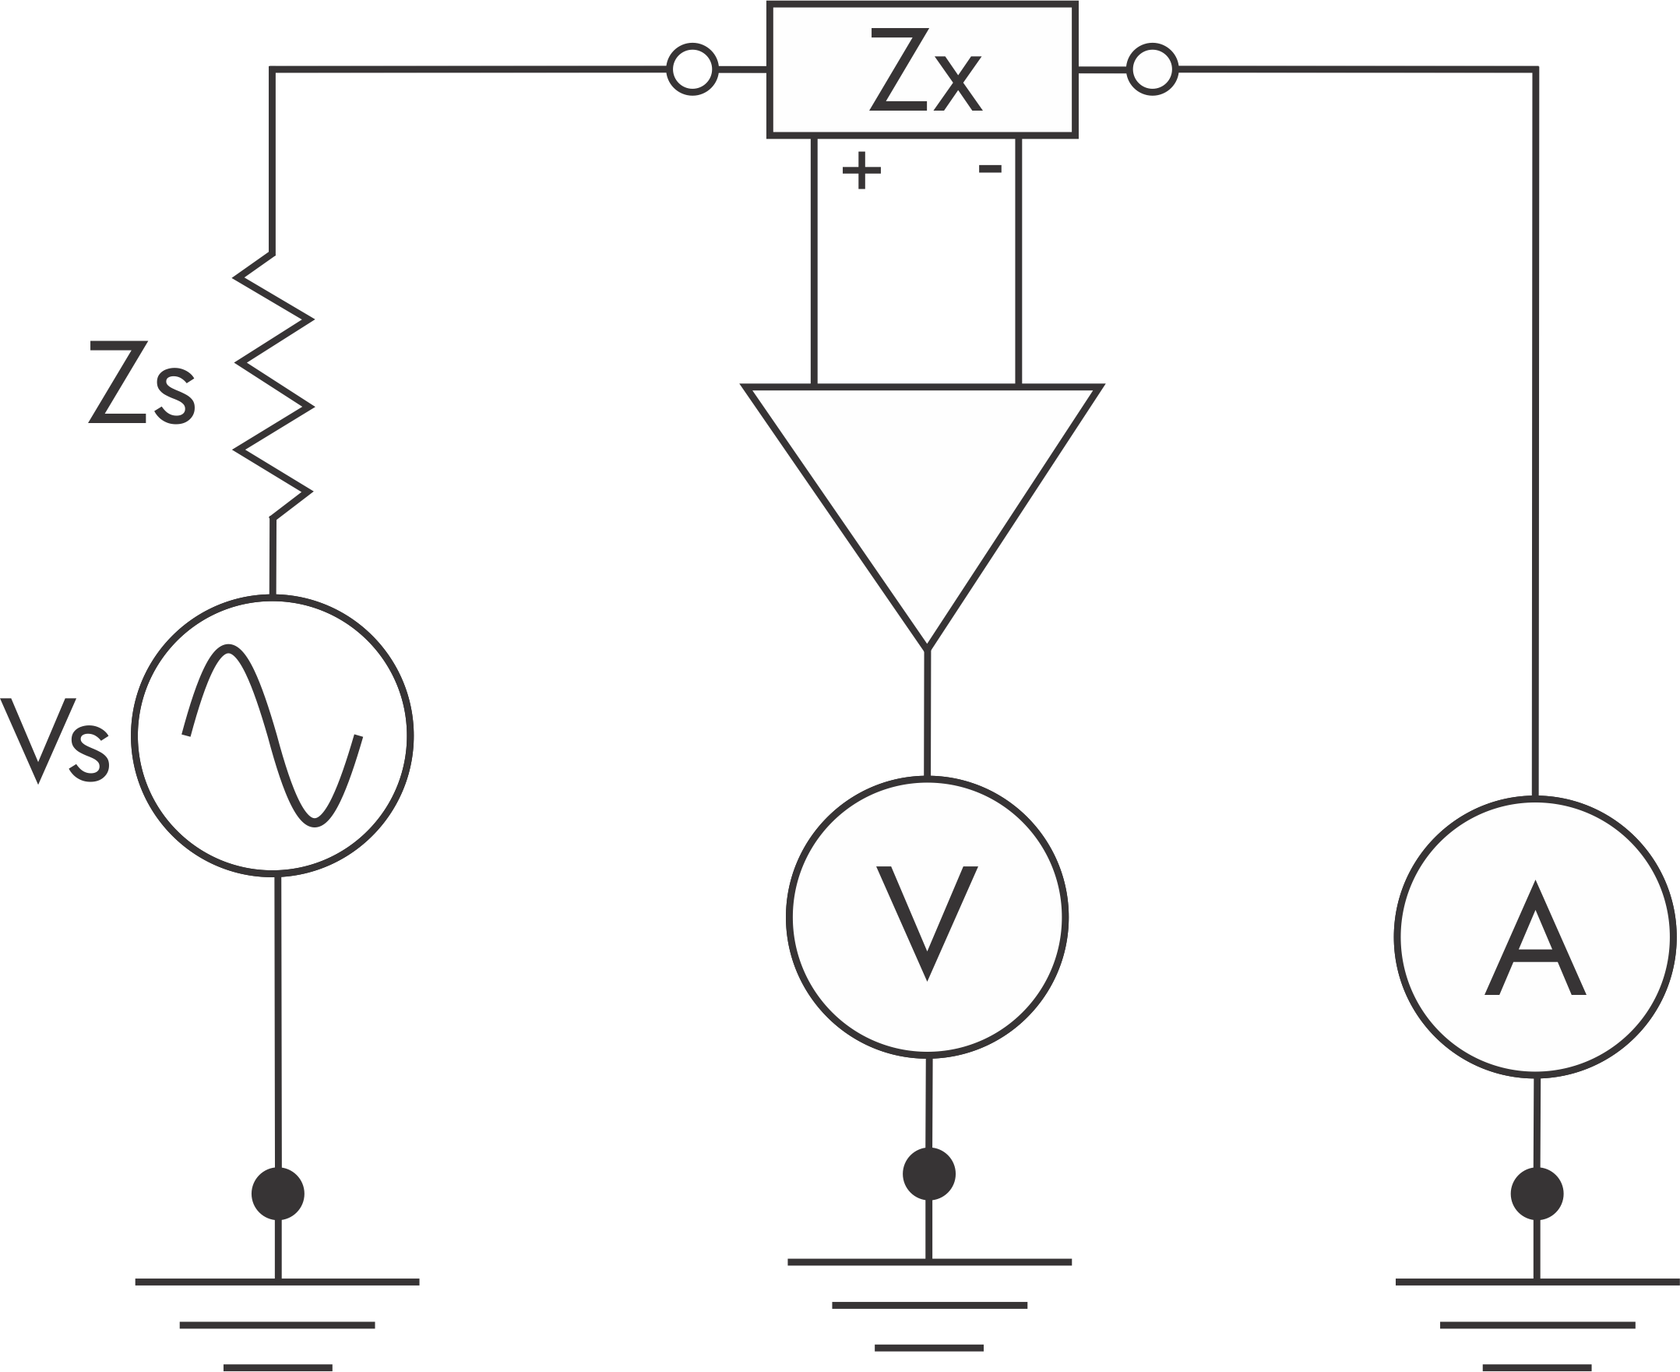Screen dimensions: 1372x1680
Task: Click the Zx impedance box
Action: (x=921, y=69)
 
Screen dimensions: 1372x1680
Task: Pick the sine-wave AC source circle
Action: (x=273, y=735)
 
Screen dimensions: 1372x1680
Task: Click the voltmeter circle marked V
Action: (x=927, y=917)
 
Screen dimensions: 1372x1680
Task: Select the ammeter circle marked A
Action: (x=1534, y=936)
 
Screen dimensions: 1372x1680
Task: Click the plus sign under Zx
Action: (x=861, y=170)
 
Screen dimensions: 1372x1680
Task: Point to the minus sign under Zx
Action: (x=990, y=168)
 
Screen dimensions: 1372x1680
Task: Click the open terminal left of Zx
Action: (x=692, y=69)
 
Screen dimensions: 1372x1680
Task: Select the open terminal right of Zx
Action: (x=1151, y=69)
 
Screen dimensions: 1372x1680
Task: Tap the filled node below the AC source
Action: (x=277, y=1193)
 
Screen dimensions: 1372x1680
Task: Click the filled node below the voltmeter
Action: (x=928, y=1173)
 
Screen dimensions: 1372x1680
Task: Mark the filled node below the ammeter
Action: (x=1536, y=1193)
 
